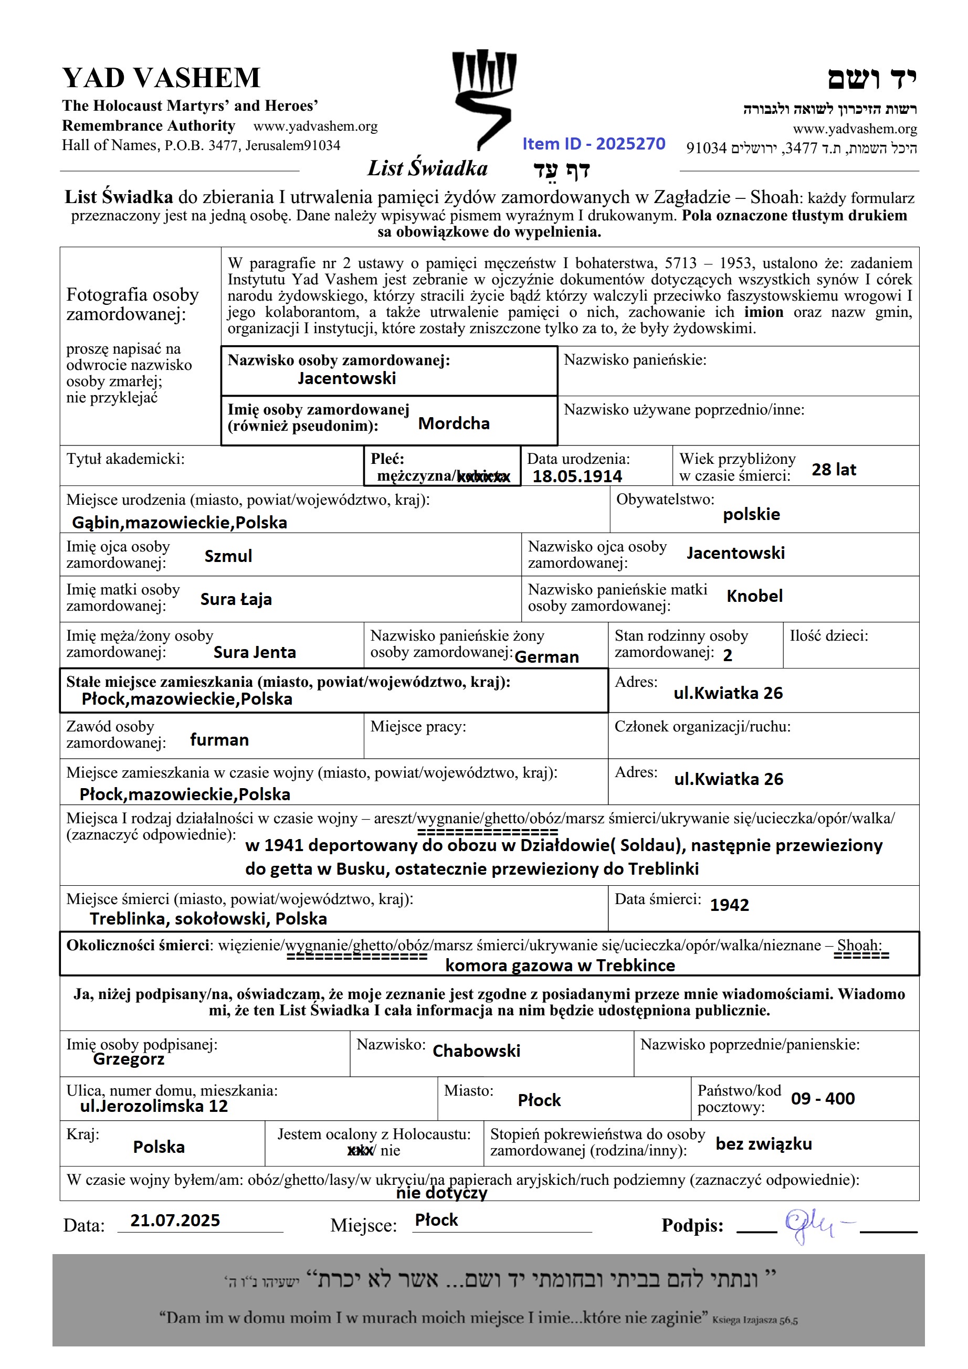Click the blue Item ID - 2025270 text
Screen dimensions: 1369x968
[x=593, y=144]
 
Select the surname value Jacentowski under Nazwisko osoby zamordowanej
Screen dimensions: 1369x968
[x=346, y=379]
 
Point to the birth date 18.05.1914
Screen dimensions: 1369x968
[x=577, y=476]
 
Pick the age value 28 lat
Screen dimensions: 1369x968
[x=833, y=470]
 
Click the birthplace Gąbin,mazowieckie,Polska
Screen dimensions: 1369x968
[x=180, y=523]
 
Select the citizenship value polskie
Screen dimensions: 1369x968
[x=751, y=514]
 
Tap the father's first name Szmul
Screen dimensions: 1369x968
[x=228, y=556]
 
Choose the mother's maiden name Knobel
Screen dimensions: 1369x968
[x=754, y=596]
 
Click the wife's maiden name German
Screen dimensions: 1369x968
[x=546, y=657]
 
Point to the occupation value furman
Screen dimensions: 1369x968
[x=219, y=740]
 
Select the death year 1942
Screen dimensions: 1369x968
[x=729, y=905]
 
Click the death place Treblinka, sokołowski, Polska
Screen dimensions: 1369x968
[x=208, y=919]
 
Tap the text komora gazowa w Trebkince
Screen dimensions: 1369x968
[x=560, y=965]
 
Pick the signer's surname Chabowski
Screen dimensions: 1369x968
[x=476, y=1050]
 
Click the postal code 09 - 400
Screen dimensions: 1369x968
[x=823, y=1098]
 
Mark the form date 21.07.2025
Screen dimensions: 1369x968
[x=175, y=1221]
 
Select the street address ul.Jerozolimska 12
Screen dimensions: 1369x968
[x=154, y=1106]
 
